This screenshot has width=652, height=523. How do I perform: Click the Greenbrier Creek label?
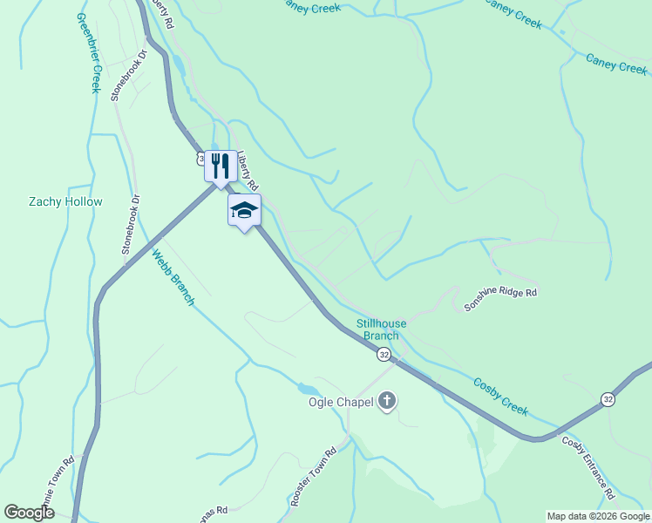[x=90, y=52]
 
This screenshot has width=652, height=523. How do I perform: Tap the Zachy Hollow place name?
[x=65, y=201]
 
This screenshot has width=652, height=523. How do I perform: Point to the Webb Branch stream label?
[x=173, y=278]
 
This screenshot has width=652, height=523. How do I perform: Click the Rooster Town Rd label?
[x=313, y=478]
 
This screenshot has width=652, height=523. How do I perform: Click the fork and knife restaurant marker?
[x=220, y=164]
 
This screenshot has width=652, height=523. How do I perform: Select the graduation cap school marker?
[x=244, y=210]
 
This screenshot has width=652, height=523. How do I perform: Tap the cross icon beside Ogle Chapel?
[x=387, y=401]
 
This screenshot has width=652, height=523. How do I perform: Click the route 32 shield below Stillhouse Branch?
[x=384, y=354]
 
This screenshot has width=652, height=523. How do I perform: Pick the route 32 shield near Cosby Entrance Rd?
[x=608, y=399]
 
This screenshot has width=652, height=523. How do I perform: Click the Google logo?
[x=29, y=513]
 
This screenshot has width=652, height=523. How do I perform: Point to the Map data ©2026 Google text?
[x=598, y=516]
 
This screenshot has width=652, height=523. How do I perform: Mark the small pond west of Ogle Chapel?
[x=306, y=389]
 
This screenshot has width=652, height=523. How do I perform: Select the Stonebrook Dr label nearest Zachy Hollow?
[x=130, y=224]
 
